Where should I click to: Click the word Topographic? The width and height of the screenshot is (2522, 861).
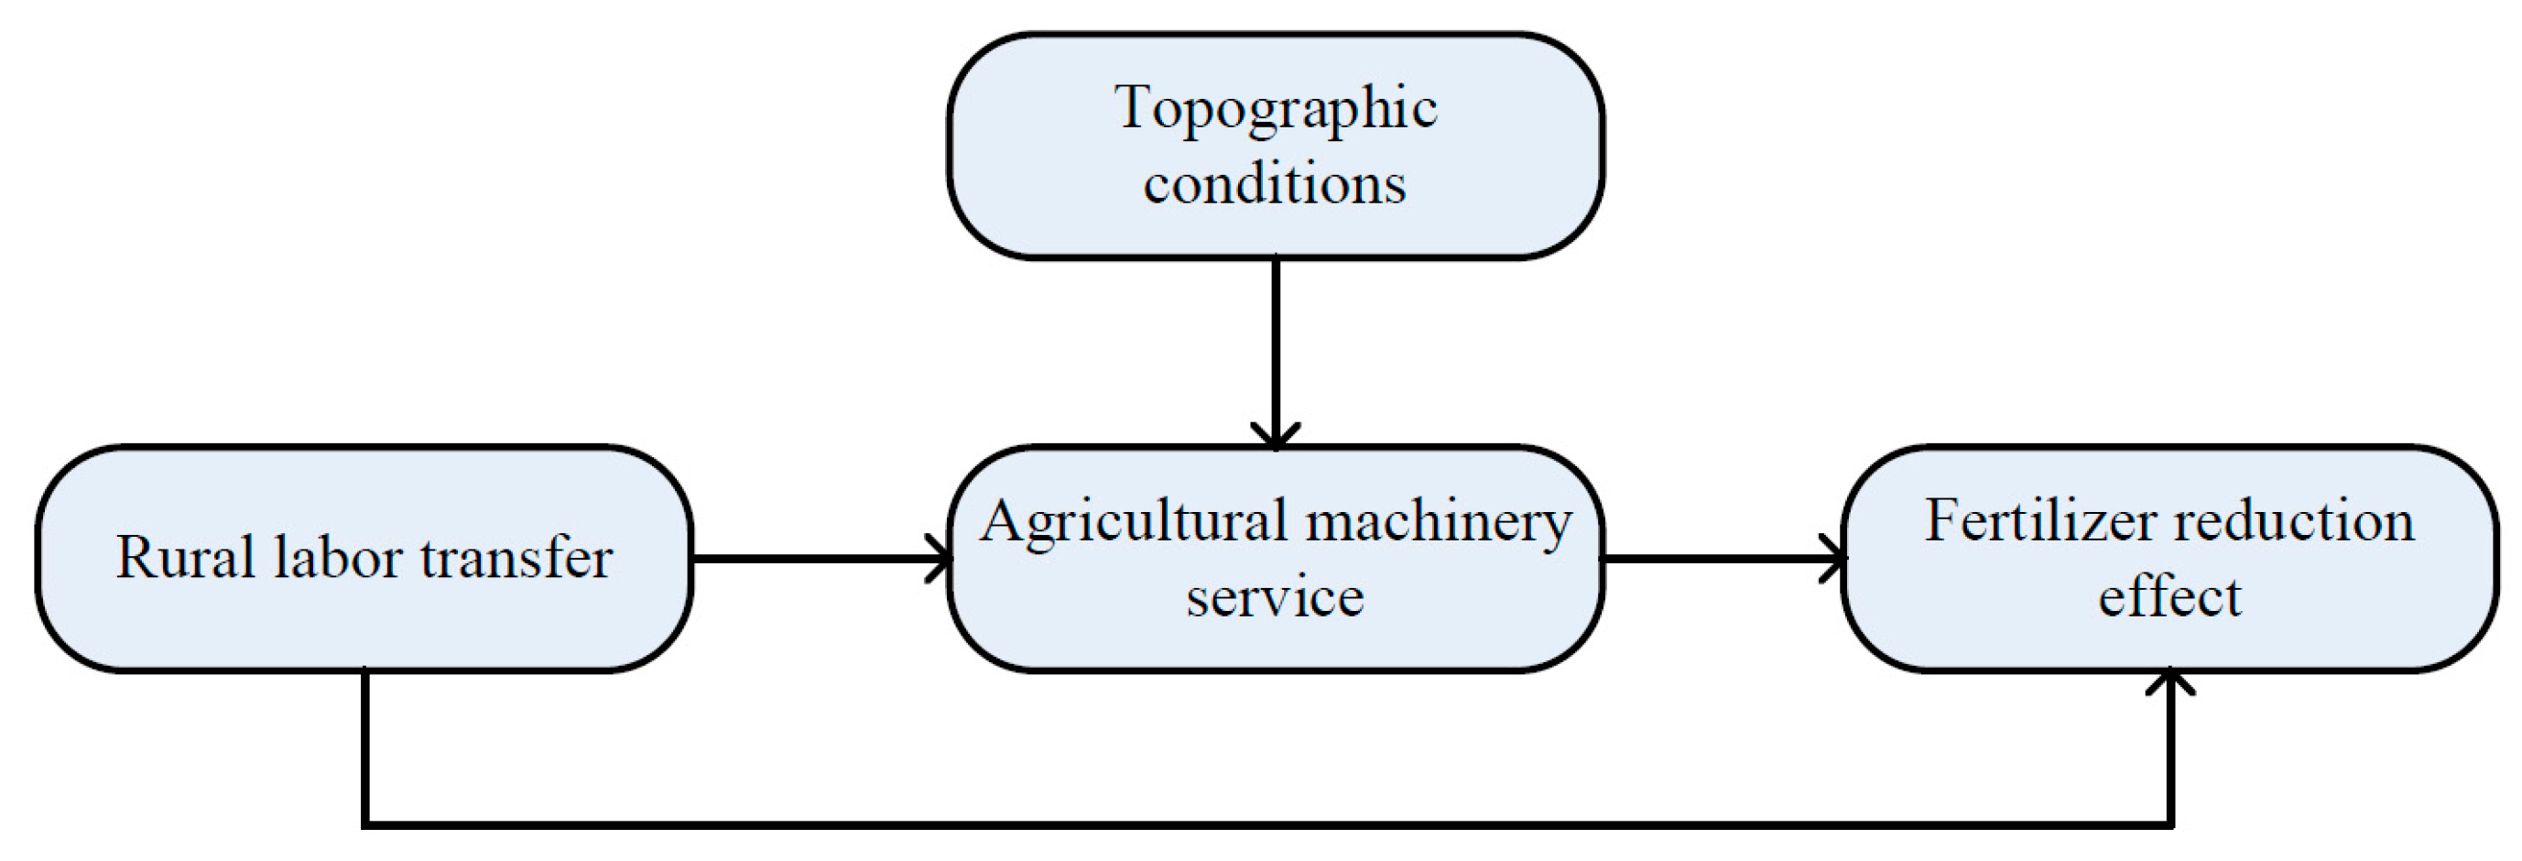pos(1275,110)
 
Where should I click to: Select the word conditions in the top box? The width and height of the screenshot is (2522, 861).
pos(1275,183)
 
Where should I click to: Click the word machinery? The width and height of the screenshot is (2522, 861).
pos(1439,523)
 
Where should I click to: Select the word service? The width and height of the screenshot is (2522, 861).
pos(1275,596)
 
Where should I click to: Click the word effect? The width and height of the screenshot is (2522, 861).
pos(2169,596)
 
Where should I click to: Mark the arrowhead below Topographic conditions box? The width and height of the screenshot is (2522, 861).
pos(1276,436)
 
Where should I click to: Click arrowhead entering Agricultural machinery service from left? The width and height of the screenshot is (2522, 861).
pos(940,560)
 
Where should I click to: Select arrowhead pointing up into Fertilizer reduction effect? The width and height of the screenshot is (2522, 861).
pos(2170,681)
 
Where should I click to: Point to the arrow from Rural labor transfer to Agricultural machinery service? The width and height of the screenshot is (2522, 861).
pos(812,560)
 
